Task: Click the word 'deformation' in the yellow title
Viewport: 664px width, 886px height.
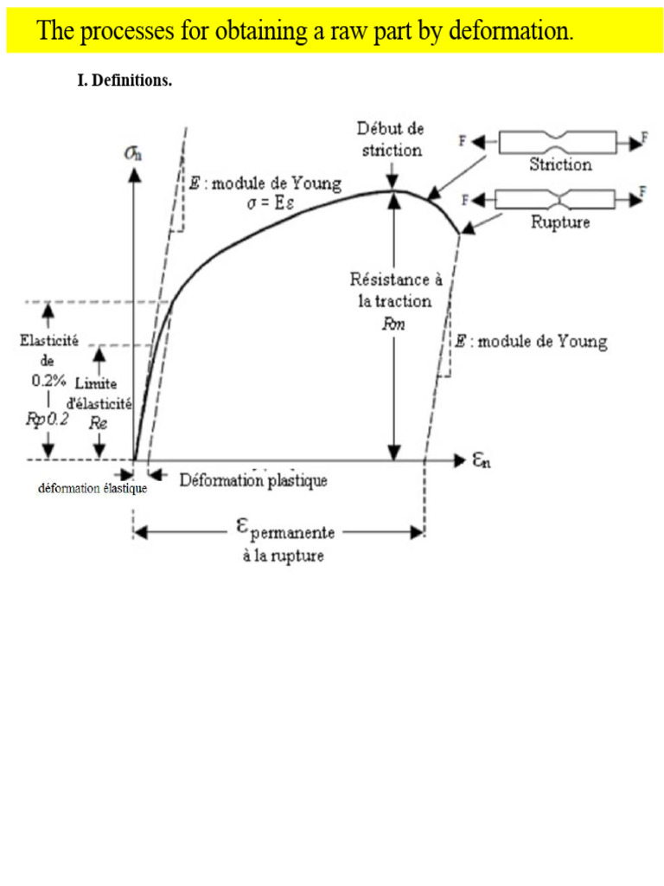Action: [x=511, y=30]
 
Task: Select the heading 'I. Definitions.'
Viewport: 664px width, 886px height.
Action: [x=124, y=80]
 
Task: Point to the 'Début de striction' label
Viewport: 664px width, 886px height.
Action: [x=391, y=139]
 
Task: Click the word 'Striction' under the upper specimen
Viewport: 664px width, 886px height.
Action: [x=560, y=164]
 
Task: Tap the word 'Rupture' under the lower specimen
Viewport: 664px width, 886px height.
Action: [x=560, y=221]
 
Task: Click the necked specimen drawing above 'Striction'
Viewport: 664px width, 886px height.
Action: [x=558, y=142]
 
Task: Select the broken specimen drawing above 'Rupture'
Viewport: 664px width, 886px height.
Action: [x=556, y=199]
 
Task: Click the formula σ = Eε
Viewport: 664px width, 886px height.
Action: [x=271, y=202]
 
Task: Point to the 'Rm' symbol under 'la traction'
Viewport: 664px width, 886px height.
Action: [x=393, y=324]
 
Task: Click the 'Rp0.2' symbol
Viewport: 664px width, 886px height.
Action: [x=48, y=419]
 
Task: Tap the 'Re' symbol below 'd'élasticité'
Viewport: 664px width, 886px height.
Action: [x=98, y=422]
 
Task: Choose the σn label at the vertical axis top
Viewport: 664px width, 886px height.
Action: [x=133, y=152]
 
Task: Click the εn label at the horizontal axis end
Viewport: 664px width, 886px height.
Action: [x=481, y=460]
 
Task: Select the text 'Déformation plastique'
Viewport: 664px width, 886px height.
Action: [x=253, y=480]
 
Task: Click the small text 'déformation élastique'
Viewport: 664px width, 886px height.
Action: [x=93, y=488]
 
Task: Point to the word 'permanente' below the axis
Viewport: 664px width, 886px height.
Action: [x=292, y=533]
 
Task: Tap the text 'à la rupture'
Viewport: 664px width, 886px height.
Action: [x=284, y=555]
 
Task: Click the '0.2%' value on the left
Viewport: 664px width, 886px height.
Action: [x=48, y=381]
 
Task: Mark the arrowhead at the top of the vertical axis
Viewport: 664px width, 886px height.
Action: [x=134, y=175]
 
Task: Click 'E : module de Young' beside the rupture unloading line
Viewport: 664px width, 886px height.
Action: [x=532, y=341]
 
